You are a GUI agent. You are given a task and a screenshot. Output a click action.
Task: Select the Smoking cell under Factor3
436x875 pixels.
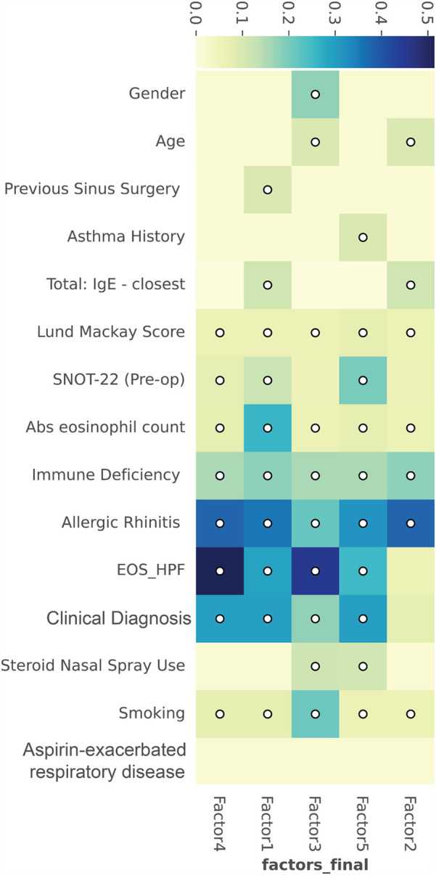[315, 714]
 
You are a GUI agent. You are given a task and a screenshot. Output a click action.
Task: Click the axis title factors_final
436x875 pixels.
[315, 865]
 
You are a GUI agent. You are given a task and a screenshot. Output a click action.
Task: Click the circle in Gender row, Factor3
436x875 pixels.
[315, 94]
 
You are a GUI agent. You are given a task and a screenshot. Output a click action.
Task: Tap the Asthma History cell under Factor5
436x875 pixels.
[363, 237]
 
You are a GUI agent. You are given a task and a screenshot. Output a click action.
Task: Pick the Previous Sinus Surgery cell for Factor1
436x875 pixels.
[267, 189]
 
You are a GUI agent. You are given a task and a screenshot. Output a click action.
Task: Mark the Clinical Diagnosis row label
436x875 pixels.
[118, 618]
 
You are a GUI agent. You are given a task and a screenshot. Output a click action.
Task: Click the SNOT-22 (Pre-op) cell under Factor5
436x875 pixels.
[363, 381]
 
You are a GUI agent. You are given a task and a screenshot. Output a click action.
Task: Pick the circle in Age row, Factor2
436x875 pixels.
[411, 142]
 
